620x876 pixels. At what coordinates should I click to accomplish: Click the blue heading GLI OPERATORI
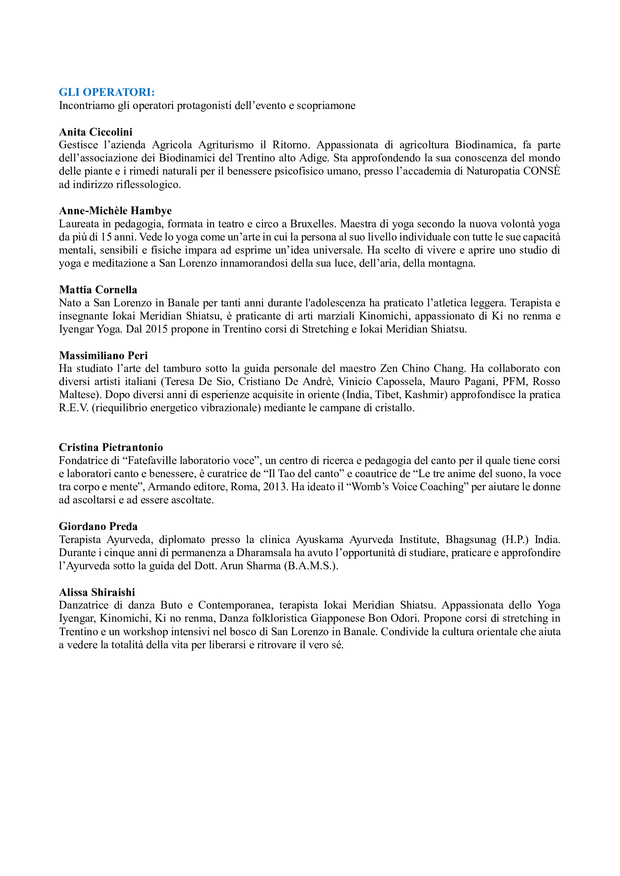(106, 93)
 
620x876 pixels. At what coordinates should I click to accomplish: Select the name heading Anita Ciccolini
(96, 132)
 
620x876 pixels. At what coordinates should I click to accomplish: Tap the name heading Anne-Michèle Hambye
(115, 210)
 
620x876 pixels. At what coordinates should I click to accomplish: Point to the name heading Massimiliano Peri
(103, 355)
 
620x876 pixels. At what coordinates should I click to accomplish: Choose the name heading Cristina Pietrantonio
(111, 447)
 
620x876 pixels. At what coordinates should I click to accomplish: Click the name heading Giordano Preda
(98, 527)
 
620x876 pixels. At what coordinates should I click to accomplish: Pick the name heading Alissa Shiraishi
(97, 592)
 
